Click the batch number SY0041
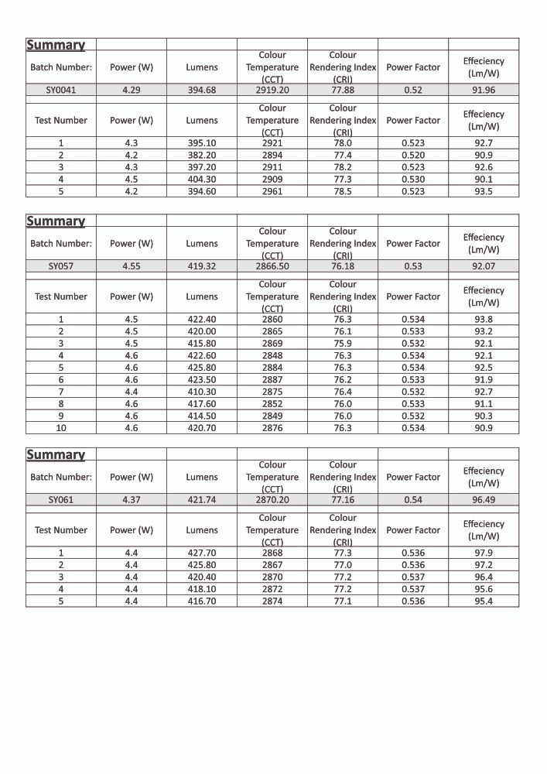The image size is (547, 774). (61, 90)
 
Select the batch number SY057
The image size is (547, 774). (61, 266)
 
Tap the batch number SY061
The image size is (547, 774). (61, 500)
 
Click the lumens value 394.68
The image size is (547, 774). (202, 90)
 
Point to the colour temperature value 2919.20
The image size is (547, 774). (272, 90)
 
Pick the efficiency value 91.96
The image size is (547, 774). (484, 90)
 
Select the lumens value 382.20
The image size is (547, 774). (202, 155)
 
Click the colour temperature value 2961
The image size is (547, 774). (272, 191)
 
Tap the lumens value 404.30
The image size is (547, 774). (202, 179)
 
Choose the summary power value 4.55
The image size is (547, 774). (132, 266)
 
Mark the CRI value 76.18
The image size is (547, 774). (343, 266)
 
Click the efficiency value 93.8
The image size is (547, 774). (484, 319)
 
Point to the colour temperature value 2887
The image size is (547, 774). (272, 380)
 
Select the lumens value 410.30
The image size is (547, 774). (202, 392)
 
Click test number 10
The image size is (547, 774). (61, 428)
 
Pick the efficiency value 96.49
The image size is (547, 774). (484, 500)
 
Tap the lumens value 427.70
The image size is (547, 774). (202, 553)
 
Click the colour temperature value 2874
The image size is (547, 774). (272, 601)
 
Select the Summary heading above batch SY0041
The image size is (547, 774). (56, 45)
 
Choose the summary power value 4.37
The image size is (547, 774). (132, 500)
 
